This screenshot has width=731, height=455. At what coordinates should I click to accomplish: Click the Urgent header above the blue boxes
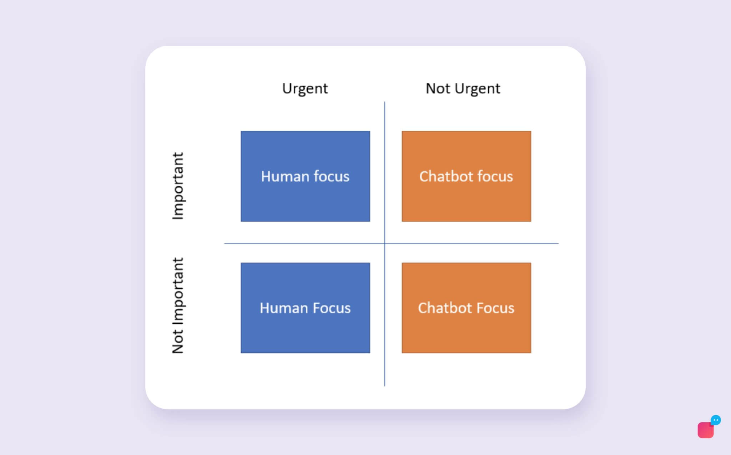pos(305,89)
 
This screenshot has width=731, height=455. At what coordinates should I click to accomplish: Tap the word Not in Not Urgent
pos(438,89)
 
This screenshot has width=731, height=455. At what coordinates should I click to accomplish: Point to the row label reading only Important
pos(178,186)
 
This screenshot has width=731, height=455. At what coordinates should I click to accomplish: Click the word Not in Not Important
pos(178,342)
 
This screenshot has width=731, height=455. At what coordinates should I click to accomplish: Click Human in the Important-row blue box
pos(284,176)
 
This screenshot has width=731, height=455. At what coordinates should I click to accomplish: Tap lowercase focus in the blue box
pos(331,176)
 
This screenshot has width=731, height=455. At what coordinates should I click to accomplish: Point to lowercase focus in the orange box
pos(495,176)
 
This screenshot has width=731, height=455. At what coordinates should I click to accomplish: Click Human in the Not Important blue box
pos(283,308)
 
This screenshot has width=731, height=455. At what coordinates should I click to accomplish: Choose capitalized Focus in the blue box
pos(332,308)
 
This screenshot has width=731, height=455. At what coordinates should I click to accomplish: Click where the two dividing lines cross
pos(384,243)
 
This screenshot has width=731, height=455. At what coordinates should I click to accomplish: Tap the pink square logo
pos(705,430)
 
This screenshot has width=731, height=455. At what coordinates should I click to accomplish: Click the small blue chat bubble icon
pos(715,420)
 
